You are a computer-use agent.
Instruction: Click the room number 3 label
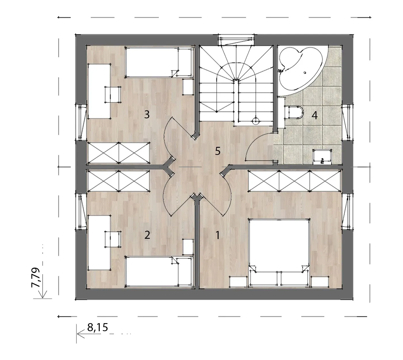147,114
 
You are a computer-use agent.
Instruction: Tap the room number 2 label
147,235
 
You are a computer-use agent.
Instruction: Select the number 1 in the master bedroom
218,235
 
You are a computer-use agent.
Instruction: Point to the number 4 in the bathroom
314,115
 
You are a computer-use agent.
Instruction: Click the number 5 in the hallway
218,151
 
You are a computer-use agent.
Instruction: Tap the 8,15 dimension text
98,327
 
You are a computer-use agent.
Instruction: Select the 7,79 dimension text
36,278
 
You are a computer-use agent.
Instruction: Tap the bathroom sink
322,157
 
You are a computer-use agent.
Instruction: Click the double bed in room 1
279,253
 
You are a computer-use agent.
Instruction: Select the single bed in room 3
159,62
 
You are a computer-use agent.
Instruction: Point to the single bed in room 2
159,272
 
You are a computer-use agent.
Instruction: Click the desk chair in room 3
113,95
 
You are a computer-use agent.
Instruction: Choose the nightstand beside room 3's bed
188,87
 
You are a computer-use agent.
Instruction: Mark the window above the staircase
236,40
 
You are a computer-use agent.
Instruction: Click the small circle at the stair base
256,120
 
